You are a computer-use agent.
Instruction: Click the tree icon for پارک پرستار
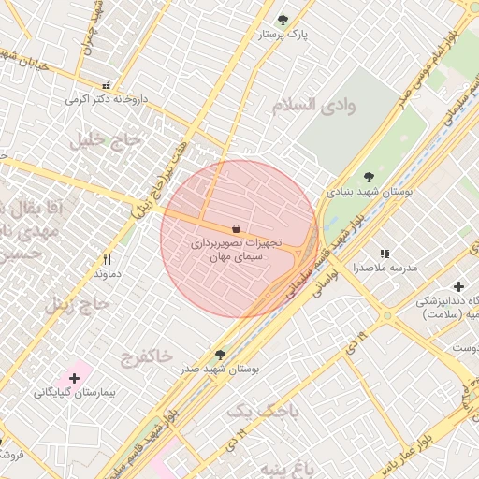click(x=283, y=19)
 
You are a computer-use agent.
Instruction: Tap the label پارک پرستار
click(x=283, y=35)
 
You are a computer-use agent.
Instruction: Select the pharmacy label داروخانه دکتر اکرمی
click(x=104, y=98)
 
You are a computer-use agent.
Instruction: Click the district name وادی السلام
click(x=314, y=105)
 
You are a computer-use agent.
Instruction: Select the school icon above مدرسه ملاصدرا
click(x=384, y=254)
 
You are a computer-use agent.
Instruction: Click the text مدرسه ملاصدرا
click(x=384, y=268)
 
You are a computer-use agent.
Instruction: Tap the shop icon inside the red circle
click(x=236, y=227)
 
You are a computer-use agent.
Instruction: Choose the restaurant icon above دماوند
click(x=107, y=259)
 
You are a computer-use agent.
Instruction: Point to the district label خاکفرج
click(x=147, y=356)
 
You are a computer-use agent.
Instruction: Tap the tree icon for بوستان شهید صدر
click(x=220, y=355)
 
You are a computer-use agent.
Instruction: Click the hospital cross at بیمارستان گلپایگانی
click(x=74, y=378)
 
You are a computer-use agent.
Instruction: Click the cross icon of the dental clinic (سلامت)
click(x=458, y=286)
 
